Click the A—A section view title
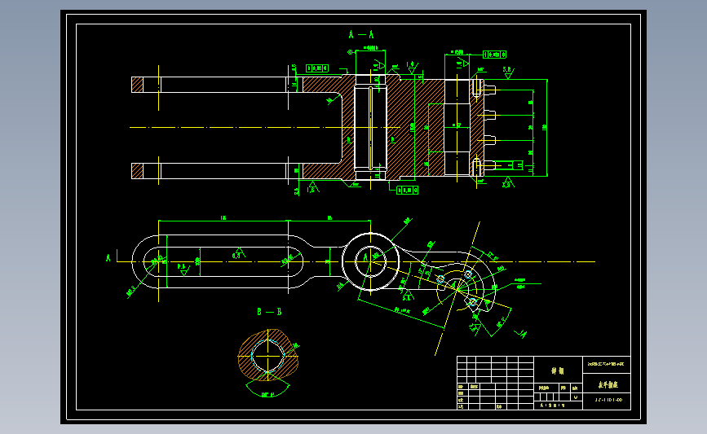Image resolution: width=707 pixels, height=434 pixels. [x=360, y=35]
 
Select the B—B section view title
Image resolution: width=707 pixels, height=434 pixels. [x=269, y=312]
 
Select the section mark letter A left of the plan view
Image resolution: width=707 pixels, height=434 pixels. [x=108, y=257]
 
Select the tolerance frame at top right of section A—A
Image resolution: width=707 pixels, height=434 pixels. [x=493, y=54]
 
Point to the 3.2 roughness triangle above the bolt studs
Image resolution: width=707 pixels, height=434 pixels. [x=507, y=71]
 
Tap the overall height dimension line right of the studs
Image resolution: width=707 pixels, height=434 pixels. [x=546, y=126]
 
